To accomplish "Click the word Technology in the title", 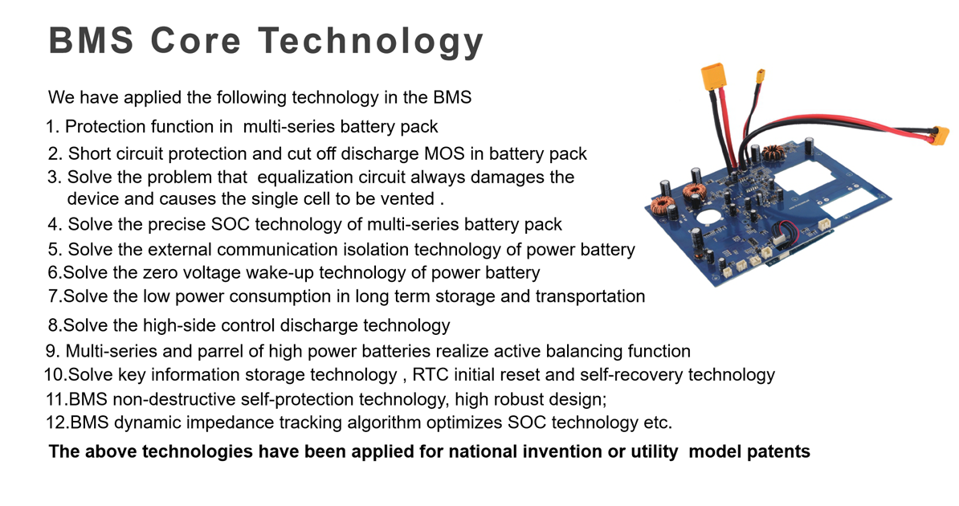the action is pos(370,42).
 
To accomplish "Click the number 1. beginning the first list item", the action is pos(52,127).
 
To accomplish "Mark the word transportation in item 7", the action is pos(590,296).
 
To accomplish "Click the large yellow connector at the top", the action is pos(713,77).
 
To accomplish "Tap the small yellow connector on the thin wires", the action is pos(760,77).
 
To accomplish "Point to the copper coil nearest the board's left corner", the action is pos(661,204).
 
